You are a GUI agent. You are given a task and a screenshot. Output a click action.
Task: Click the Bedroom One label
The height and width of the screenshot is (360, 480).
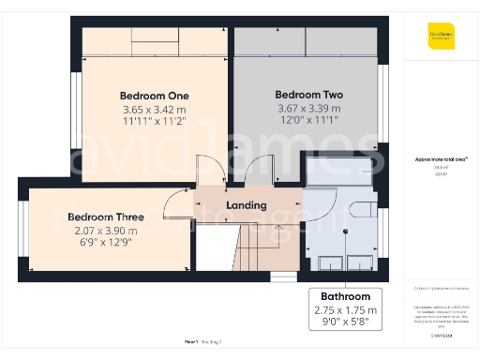pyautogui.click(x=155, y=96)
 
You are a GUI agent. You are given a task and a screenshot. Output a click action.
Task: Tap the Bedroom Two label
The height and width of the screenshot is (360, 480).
pyautogui.click(x=308, y=95)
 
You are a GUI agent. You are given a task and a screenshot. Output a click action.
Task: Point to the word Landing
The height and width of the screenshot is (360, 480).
pyautogui.click(x=247, y=204)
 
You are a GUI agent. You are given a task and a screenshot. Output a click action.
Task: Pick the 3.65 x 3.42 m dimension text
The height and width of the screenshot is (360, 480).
pyautogui.click(x=155, y=109)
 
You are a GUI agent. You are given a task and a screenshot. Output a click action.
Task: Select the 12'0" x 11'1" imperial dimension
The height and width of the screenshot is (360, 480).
pyautogui.click(x=308, y=121)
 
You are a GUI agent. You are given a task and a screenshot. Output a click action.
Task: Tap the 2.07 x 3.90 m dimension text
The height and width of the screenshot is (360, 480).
pyautogui.click(x=97, y=231)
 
